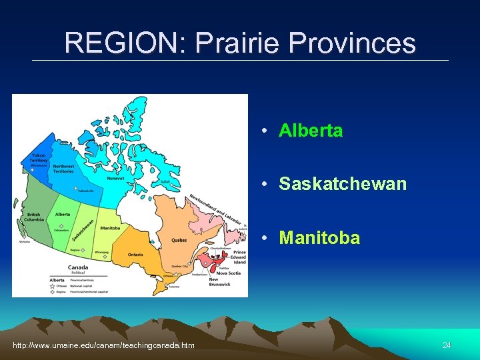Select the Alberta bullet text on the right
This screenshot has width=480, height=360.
click(311, 131)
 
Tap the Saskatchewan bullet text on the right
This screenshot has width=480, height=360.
click(342, 184)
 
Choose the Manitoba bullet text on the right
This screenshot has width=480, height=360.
click(319, 238)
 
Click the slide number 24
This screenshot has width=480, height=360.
click(447, 345)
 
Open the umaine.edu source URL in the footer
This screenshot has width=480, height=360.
click(104, 345)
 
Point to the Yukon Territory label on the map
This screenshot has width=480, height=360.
click(39, 159)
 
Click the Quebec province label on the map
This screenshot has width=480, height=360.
click(179, 240)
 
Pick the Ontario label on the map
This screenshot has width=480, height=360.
click(135, 254)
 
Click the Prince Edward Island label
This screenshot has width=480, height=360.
click(239, 257)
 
